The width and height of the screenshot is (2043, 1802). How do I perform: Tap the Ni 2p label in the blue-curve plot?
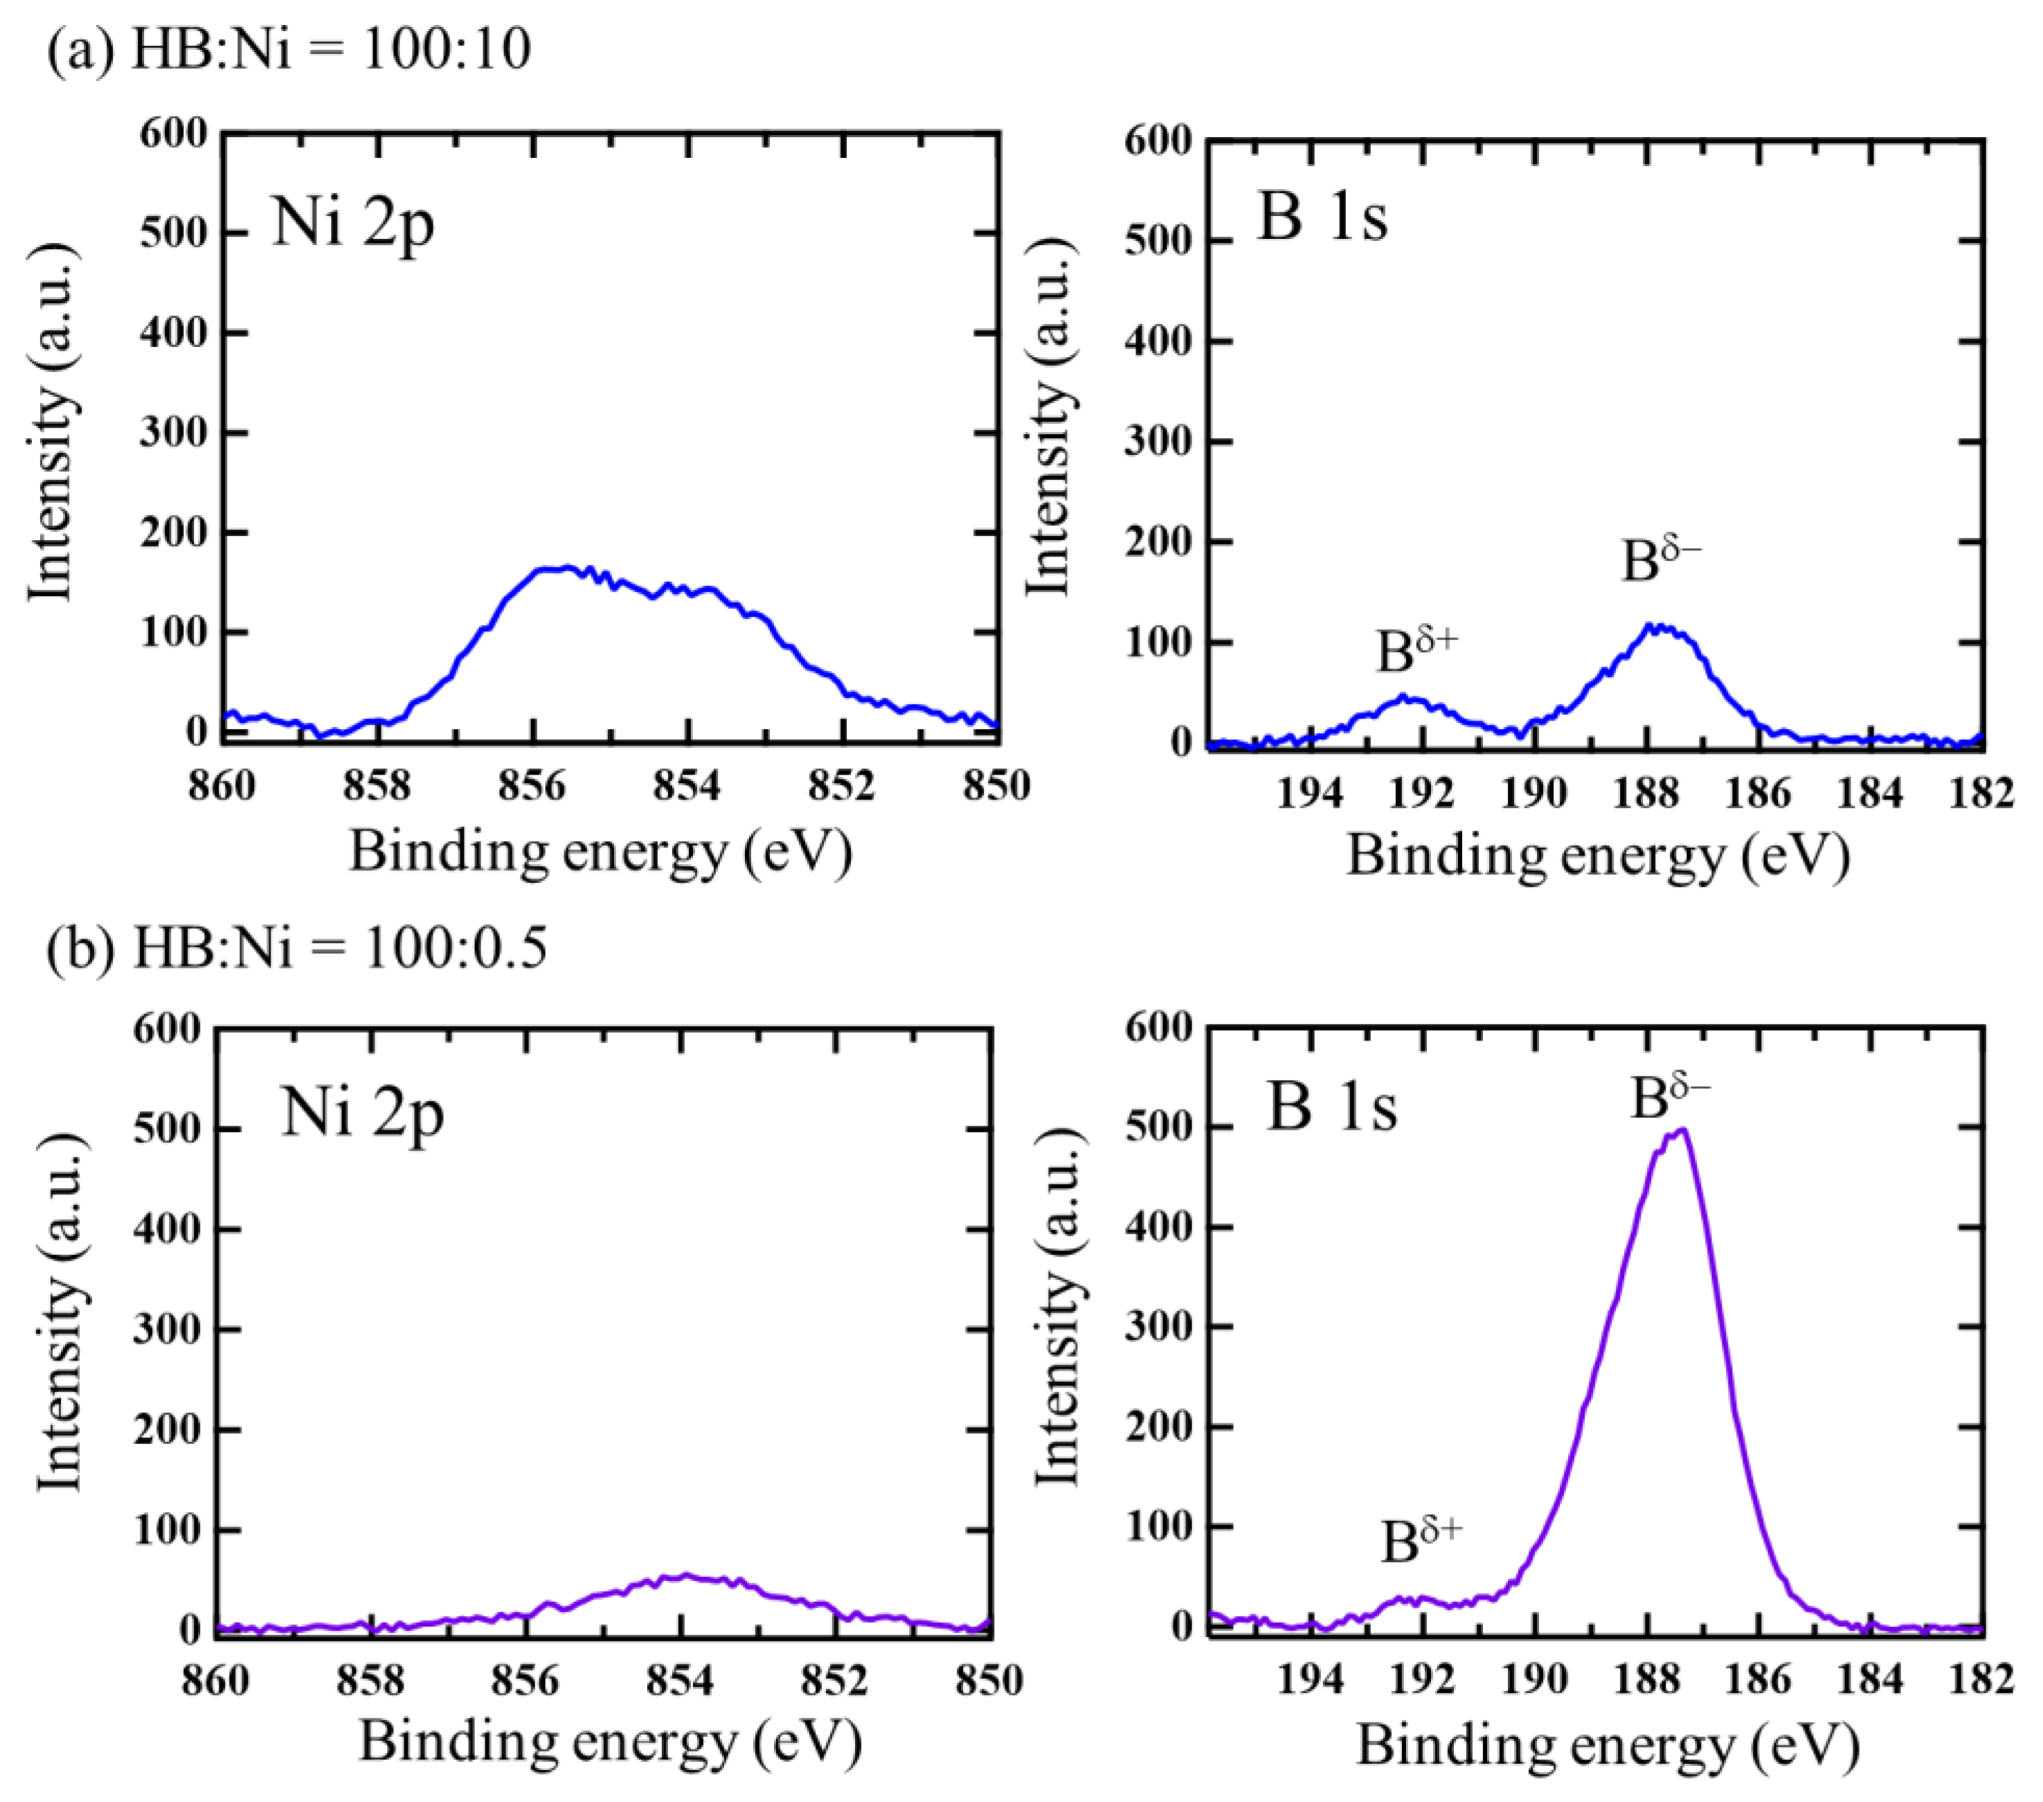tap(353, 222)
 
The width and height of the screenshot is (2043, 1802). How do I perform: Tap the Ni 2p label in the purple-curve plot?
tap(362, 1112)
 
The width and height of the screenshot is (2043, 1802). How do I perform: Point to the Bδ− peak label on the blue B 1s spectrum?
tap(1660, 559)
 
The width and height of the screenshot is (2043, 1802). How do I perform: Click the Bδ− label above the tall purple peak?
tap(1669, 1097)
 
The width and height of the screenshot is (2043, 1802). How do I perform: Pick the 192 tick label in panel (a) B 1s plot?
tap(1421, 793)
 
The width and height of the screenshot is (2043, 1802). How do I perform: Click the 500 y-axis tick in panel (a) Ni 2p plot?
tap(173, 233)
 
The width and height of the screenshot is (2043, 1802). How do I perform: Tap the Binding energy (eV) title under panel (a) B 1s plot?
tap(1597, 856)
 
